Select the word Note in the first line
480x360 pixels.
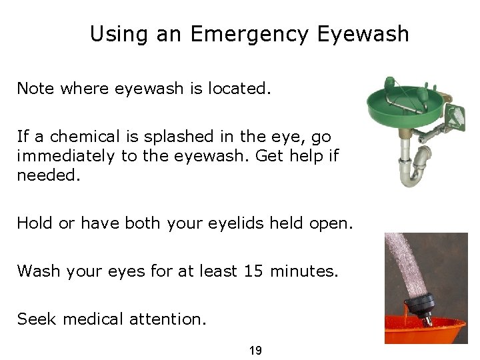click(x=36, y=89)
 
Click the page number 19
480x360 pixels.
click(x=255, y=349)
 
